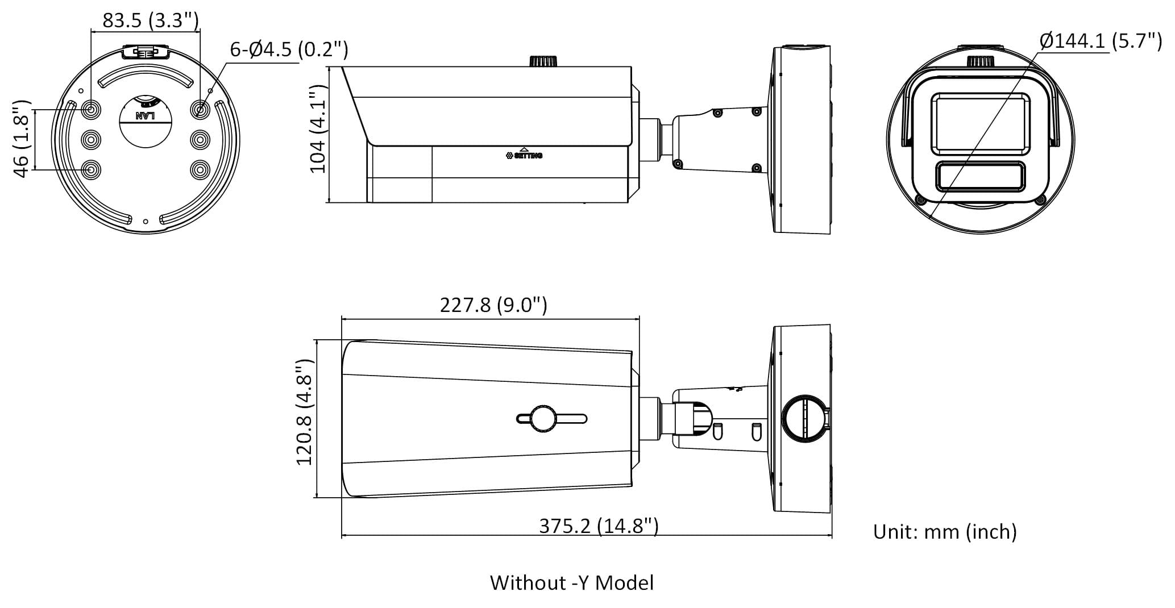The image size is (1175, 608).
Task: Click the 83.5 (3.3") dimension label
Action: tap(151, 21)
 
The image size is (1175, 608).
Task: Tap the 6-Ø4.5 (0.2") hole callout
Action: tap(289, 50)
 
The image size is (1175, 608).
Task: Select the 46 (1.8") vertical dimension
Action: tap(22, 139)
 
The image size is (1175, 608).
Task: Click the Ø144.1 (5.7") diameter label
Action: tap(1100, 41)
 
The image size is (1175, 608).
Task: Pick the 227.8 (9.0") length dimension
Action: tap(493, 305)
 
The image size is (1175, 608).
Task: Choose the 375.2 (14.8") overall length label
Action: tap(598, 526)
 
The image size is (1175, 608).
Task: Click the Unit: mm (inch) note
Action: tap(945, 532)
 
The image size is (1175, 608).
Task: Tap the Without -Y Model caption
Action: tap(571, 583)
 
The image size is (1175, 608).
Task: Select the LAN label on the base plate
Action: tap(146, 115)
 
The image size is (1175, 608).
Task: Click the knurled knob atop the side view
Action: tap(543, 61)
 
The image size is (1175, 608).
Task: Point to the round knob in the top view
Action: tap(543, 419)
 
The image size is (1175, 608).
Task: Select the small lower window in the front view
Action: tap(980, 177)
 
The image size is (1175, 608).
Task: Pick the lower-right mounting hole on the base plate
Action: tap(200, 169)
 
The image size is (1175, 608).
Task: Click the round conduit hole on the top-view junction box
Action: tap(803, 419)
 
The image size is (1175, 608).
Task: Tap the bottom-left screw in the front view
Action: tap(920, 199)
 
